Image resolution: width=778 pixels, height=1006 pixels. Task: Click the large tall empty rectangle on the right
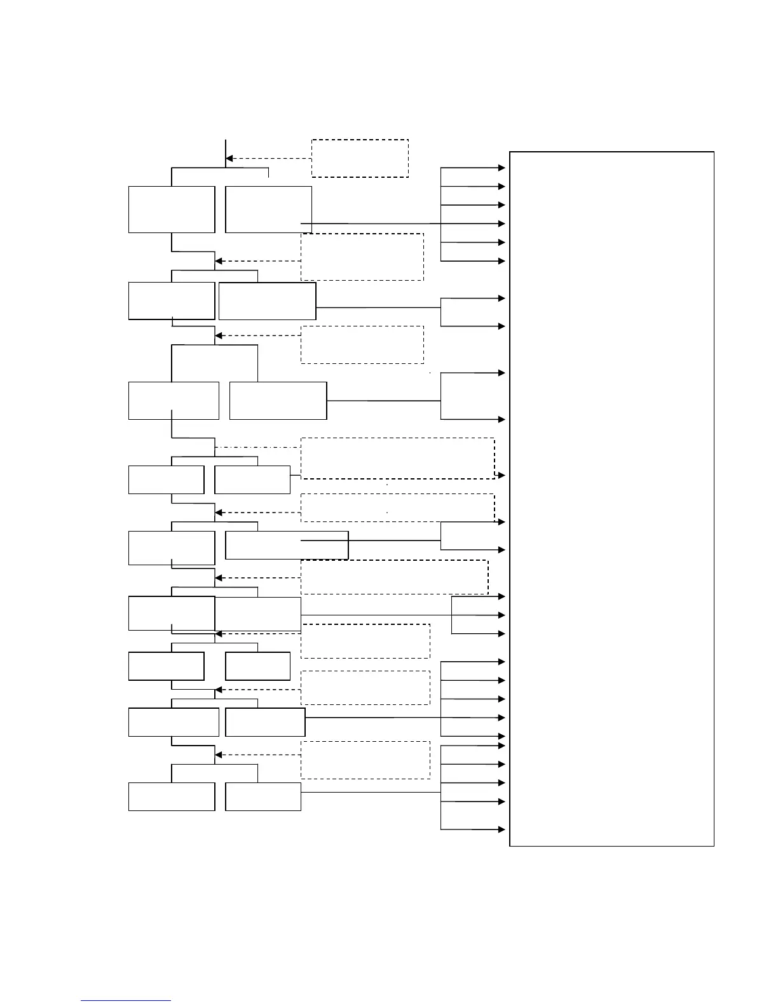point(611,499)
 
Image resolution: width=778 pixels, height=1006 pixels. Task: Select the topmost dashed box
point(360,158)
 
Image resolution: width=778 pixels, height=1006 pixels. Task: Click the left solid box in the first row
point(172,210)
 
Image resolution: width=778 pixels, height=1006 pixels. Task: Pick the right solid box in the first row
point(268,210)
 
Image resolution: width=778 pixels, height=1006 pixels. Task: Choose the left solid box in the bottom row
point(172,796)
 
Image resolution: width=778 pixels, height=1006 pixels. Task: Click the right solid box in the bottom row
point(263,796)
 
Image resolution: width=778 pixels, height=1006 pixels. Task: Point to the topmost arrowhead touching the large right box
point(502,168)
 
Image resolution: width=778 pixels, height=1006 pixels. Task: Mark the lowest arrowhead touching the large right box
point(502,829)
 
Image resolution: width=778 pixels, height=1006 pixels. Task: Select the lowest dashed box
point(365,760)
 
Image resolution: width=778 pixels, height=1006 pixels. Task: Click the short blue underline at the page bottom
point(126,1001)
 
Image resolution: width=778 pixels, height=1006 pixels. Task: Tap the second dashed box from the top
point(362,257)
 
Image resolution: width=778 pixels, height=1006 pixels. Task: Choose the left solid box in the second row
point(172,301)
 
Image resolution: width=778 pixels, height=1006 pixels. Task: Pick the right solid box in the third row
point(278,401)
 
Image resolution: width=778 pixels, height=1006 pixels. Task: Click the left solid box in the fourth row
point(166,480)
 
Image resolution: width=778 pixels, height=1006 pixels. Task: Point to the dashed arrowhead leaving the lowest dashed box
point(219,755)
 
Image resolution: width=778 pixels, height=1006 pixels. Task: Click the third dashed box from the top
point(362,345)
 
